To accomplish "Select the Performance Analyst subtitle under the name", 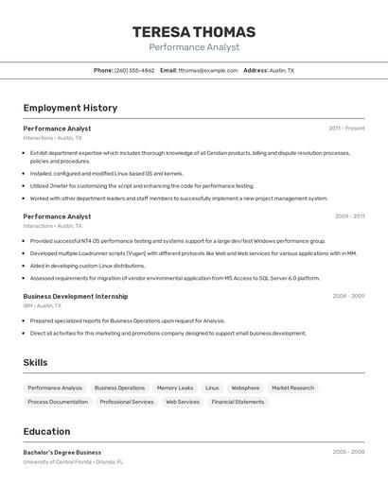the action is (x=194, y=47).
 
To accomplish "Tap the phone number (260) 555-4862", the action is (x=134, y=71).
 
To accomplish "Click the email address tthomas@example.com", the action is (x=208, y=71).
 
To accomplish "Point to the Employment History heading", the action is (x=70, y=108).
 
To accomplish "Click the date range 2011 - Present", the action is (x=346, y=129).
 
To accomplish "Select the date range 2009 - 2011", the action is (x=349, y=216).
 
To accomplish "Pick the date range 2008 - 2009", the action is (x=348, y=296).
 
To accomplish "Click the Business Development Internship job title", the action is (x=76, y=296).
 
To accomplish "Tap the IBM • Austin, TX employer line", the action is (x=43, y=306).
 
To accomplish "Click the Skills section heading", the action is (x=35, y=362).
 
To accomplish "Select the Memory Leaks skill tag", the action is (x=175, y=388).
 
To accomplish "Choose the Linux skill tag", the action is (x=212, y=388).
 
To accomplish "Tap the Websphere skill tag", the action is (x=245, y=388).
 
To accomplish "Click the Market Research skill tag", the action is (x=292, y=388).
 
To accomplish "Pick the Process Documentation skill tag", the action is (x=58, y=402).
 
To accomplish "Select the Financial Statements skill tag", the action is (x=238, y=402).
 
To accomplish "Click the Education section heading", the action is (x=46, y=431).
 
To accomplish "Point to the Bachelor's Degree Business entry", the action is (x=62, y=452).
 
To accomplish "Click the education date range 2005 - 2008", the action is (x=348, y=452).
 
